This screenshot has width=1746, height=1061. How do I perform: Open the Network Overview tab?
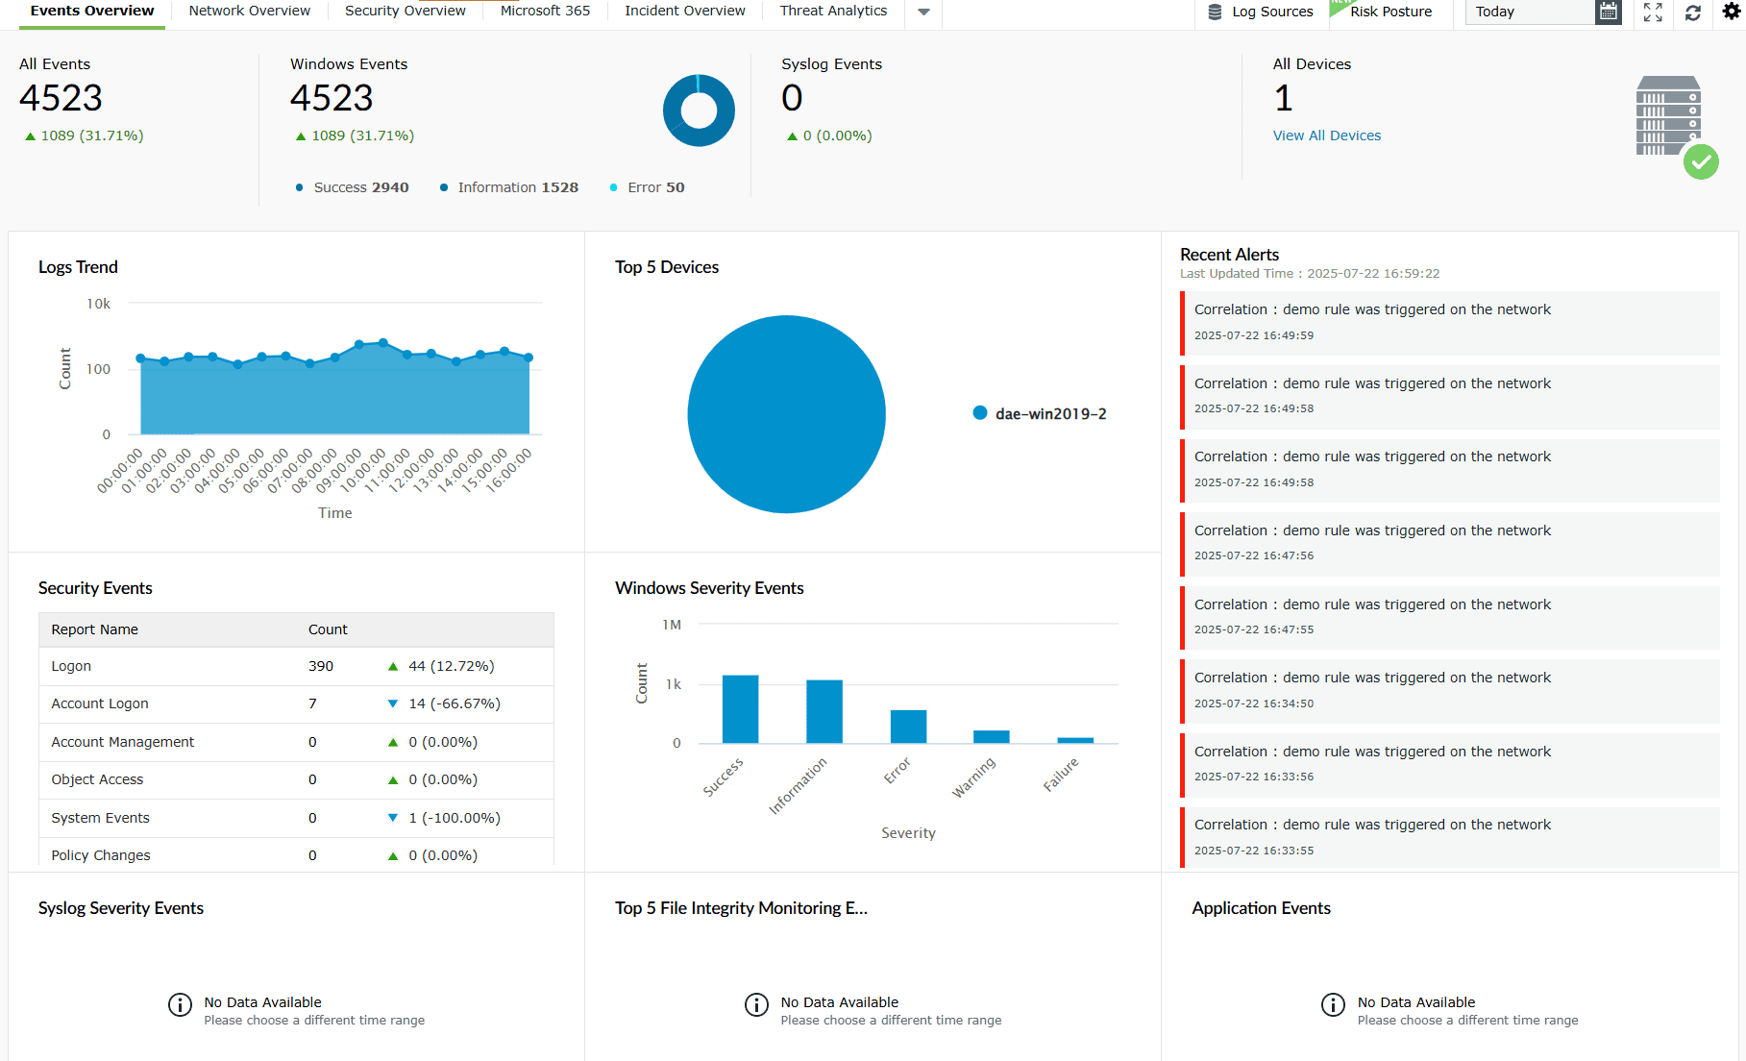(x=249, y=12)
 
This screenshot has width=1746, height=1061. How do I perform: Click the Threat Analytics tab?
(x=833, y=12)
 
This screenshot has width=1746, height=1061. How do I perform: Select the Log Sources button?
(x=1260, y=12)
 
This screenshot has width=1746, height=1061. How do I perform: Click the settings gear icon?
(x=1731, y=12)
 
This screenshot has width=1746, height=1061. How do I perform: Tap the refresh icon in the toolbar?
(x=1692, y=12)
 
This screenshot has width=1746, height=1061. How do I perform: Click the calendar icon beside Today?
(x=1608, y=12)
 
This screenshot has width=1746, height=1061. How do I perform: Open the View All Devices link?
(x=1326, y=136)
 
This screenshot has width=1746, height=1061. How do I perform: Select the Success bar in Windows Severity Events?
(x=740, y=709)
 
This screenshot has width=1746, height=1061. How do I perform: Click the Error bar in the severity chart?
(x=908, y=727)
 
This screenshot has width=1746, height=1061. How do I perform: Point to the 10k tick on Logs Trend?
(x=98, y=304)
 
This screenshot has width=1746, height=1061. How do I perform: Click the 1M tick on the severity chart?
(x=671, y=625)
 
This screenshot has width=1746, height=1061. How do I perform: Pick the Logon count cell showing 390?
(x=321, y=666)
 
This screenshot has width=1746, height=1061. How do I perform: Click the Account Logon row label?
(x=100, y=703)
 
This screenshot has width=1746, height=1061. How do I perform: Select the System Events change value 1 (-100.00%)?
(x=454, y=818)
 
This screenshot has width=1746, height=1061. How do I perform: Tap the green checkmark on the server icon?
(x=1700, y=162)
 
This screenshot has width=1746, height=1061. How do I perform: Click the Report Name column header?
(x=94, y=629)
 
